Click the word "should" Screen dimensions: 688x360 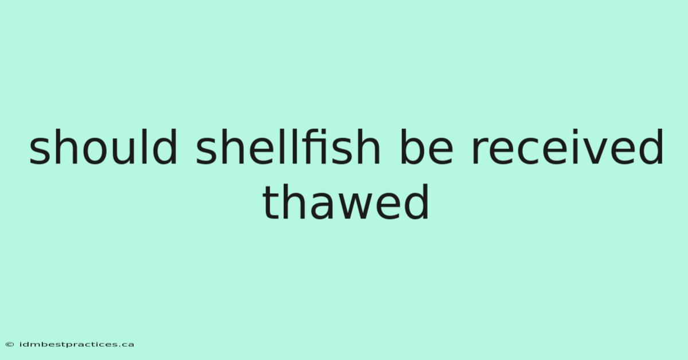point(103,147)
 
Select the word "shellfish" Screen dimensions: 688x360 point(288,147)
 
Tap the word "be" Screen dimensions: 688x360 point(427,147)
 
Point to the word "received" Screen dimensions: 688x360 point(568,147)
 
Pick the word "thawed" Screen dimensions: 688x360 point(346,202)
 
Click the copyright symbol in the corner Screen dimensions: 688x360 point(10,345)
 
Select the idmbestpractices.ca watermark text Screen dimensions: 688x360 point(76,345)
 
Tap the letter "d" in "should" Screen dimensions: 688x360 point(165,147)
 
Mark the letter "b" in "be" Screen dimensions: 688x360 point(412,147)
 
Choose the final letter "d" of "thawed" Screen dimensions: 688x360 point(416,202)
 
